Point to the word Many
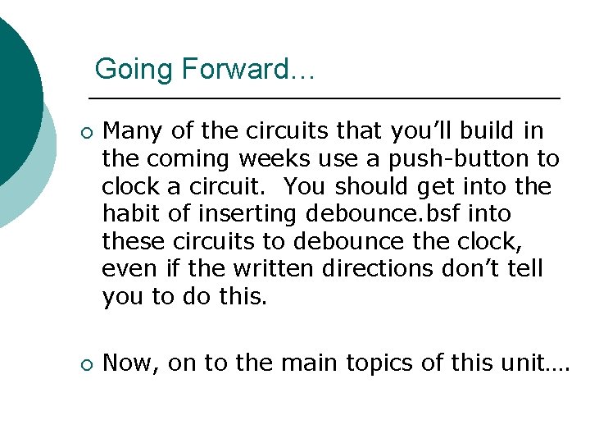tap(134, 131)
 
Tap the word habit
tap(131, 213)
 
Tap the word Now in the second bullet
tap(130, 363)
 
